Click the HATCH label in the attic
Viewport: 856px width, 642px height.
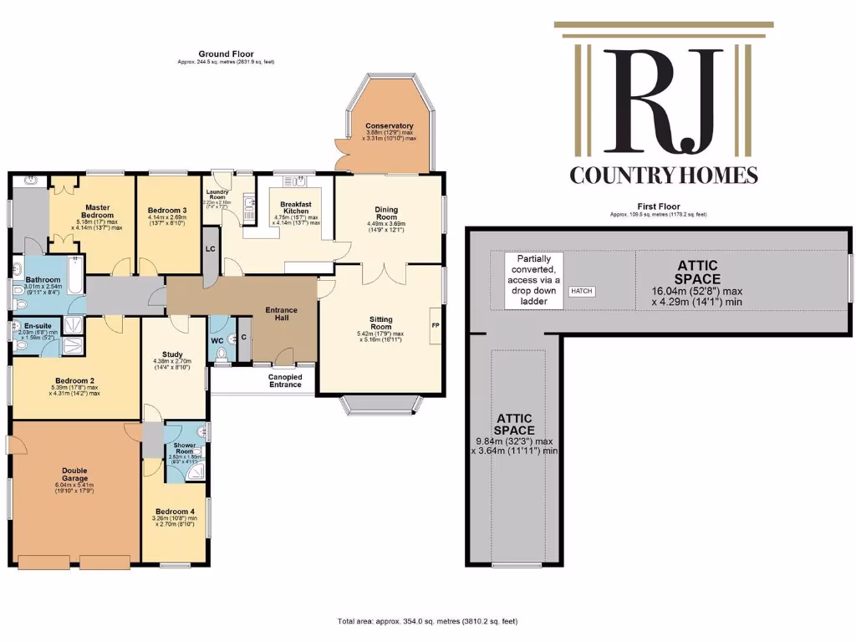581,291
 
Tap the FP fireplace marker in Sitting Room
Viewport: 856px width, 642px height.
435,325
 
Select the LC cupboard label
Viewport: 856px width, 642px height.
210,248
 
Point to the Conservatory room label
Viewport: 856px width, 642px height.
390,126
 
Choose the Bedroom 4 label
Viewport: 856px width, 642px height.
173,511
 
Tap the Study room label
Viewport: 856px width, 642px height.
174,354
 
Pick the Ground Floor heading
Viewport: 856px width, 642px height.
226,54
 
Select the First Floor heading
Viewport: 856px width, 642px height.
658,206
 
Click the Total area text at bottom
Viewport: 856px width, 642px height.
427,621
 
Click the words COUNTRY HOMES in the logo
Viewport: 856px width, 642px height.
664,176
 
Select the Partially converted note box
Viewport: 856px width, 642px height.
533,279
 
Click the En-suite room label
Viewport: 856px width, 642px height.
36,325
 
